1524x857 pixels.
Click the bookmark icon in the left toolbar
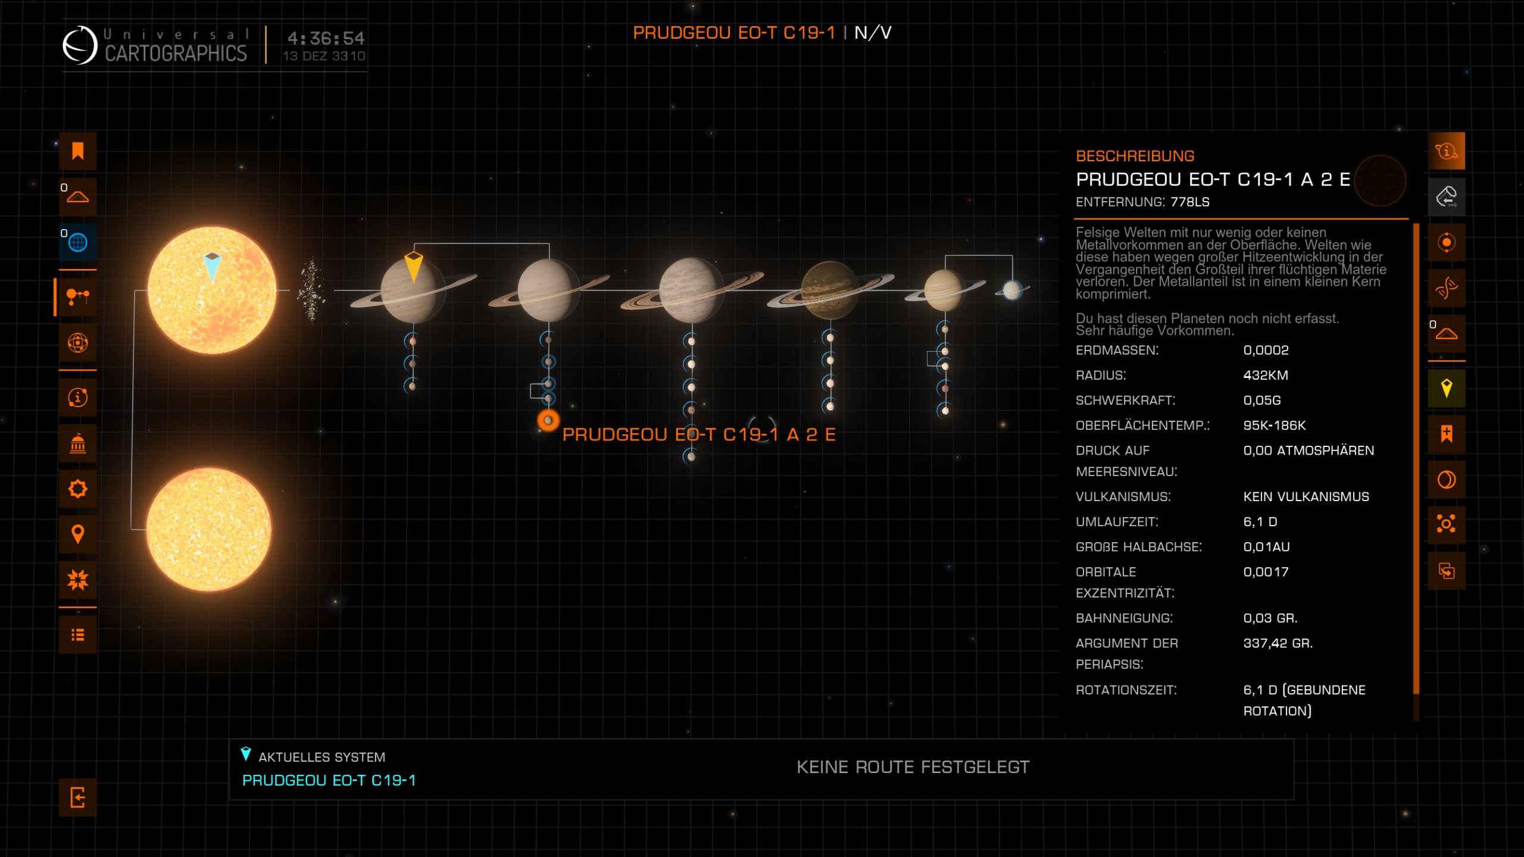77,151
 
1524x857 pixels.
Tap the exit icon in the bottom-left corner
77,797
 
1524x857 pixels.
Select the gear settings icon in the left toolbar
77,489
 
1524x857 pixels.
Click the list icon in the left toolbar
77,635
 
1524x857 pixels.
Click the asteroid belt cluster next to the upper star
311,290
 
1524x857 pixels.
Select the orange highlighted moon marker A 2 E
548,421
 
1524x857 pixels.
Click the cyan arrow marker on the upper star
213,266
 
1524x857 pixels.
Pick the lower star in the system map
208,529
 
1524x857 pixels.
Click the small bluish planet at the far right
1012,290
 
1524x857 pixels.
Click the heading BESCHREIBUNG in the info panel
1135,156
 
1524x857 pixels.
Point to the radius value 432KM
1266,375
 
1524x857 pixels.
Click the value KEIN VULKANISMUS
1306,496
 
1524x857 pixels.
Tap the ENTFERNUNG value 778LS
1189,202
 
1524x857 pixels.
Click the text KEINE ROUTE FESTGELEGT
913,767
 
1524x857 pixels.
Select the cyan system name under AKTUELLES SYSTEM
329,780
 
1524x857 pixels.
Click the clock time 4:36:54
326,38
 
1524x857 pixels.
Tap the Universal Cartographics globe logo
80,45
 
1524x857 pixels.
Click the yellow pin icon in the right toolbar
1446,388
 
